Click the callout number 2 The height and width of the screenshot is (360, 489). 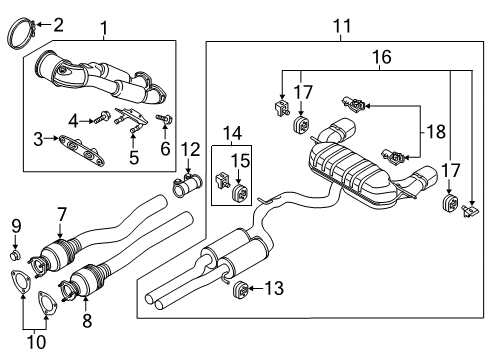[58, 25]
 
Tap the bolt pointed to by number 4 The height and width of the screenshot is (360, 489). [102, 118]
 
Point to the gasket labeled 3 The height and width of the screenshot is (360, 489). [81, 152]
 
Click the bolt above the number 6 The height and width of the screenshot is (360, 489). [165, 119]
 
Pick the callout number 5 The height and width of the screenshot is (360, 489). [134, 157]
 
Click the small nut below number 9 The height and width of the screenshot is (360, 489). [15, 256]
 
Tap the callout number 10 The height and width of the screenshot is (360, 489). [36, 342]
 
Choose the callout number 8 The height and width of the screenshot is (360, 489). [87, 321]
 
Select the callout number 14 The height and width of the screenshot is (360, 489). [232, 133]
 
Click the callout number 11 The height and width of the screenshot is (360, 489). [342, 26]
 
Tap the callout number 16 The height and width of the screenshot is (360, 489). [382, 57]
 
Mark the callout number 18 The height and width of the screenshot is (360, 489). [436, 131]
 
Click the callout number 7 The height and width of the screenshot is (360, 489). [62, 214]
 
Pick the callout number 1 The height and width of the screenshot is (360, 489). [104, 28]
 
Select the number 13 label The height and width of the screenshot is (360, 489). [274, 288]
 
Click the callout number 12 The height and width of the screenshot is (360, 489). [190, 149]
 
